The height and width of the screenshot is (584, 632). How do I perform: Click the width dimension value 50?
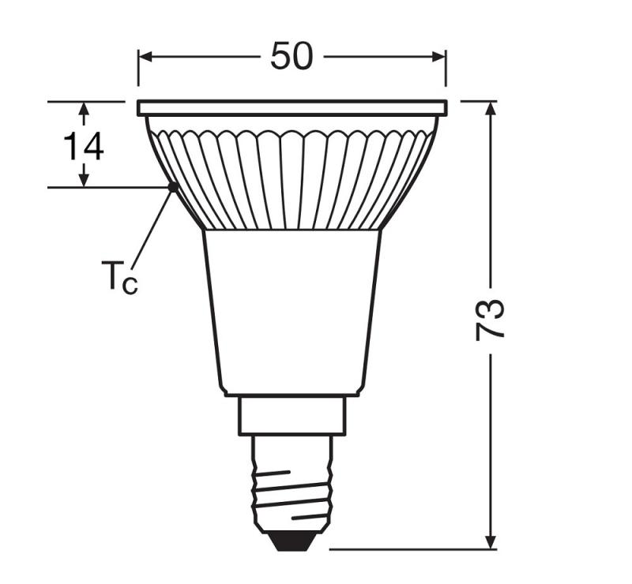point(292,56)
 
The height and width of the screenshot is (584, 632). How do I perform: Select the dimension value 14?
point(84,146)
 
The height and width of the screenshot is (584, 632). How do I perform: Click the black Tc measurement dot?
point(172,187)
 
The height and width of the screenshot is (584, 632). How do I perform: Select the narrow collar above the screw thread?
point(292,415)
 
